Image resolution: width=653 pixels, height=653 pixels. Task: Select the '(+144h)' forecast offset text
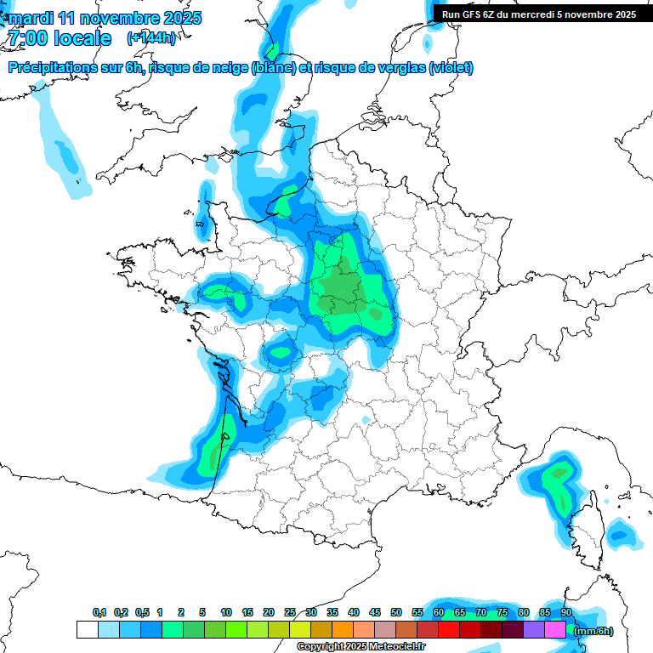click(151, 38)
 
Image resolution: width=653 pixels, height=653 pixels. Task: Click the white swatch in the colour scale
click(87, 630)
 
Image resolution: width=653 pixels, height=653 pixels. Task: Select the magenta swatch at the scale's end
click(555, 630)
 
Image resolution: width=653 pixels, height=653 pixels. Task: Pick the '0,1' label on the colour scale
click(99, 612)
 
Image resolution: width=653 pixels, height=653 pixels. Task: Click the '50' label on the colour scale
click(396, 612)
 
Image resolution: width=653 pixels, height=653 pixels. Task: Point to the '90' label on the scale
click(565, 612)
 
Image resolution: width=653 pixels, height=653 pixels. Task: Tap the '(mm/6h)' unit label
click(593, 631)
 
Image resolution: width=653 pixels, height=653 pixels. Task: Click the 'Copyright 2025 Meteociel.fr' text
click(361, 647)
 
